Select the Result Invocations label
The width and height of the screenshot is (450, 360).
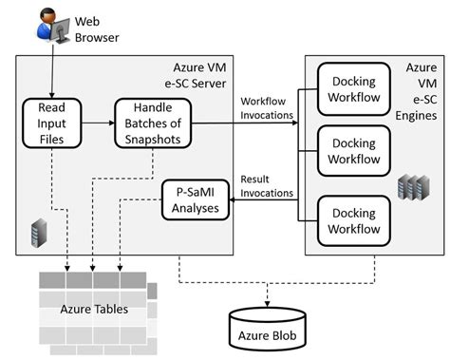266,184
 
